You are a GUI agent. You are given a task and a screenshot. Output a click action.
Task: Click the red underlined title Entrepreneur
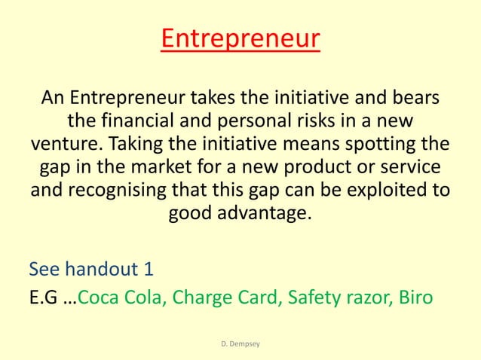(x=240, y=38)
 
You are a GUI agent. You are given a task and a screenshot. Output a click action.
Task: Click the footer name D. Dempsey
(x=240, y=344)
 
